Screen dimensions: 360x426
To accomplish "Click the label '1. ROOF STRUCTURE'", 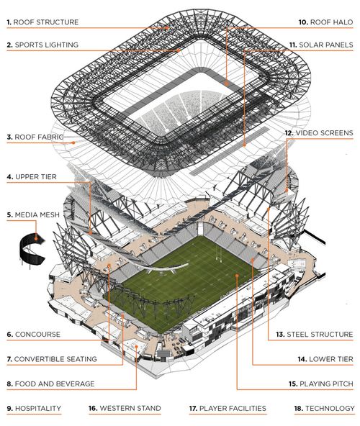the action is coord(42,22).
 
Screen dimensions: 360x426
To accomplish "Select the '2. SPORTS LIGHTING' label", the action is coord(42,45).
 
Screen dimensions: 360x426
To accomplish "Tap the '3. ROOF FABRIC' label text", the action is coord(35,137).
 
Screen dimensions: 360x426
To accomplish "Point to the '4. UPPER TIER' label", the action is coord(32,177).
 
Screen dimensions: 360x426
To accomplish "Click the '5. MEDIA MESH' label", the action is coord(33,215).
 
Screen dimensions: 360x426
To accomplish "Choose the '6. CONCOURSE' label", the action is coord(34,335).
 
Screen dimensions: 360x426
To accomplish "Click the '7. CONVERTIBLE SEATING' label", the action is coord(52,359).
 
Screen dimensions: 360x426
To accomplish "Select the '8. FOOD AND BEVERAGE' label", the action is coord(51,384).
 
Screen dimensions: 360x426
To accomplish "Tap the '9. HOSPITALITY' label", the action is coord(34,408).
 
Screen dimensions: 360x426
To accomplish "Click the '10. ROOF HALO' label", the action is coord(325,22).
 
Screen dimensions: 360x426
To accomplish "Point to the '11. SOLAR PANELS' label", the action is coord(321,45).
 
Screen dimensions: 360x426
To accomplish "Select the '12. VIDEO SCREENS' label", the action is coord(319,133).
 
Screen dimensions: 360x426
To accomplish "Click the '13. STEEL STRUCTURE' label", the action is coord(315,335).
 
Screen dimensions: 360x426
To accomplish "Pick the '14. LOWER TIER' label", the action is coord(325,359).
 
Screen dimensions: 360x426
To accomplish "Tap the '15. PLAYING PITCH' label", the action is coord(321,384).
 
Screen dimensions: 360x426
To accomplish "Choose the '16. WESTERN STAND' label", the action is coord(125,408).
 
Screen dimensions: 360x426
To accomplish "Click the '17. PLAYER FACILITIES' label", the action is coord(228,408).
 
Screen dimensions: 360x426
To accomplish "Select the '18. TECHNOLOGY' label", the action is coord(325,408).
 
